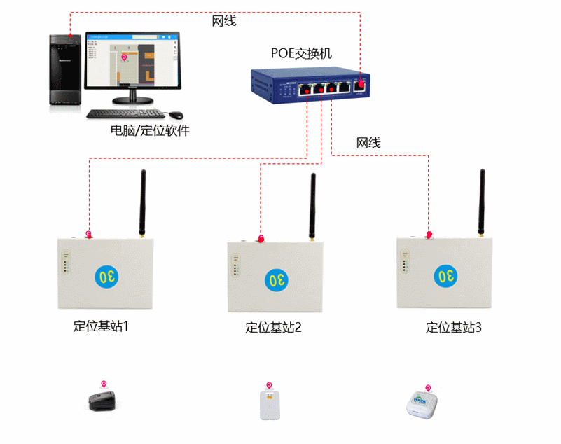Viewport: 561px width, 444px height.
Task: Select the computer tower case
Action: [x=64, y=70]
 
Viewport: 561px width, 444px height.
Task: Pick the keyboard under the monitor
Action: [x=125, y=113]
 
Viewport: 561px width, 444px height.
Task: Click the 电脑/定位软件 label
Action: [x=150, y=130]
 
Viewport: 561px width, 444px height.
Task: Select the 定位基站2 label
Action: [x=273, y=327]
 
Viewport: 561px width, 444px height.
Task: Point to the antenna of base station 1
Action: [x=142, y=203]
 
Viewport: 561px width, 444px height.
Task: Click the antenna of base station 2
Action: [x=312, y=207]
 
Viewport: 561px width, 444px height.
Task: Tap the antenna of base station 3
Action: [x=483, y=203]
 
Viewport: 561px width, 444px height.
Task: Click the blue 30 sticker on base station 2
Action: [x=276, y=280]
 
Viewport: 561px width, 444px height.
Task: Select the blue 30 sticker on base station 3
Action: [x=445, y=275]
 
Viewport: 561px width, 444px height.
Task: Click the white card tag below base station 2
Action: [x=269, y=406]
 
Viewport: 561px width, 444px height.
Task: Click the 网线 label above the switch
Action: [x=224, y=21]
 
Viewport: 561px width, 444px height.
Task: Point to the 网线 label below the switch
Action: [x=368, y=143]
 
